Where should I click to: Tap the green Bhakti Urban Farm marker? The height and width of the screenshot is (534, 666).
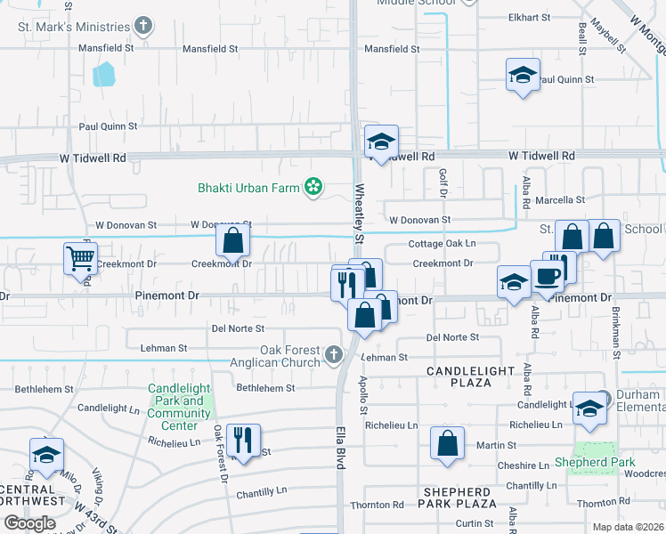point(313,186)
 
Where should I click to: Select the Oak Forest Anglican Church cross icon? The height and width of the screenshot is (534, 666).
point(333,356)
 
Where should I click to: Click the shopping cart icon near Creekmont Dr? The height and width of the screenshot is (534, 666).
point(80,259)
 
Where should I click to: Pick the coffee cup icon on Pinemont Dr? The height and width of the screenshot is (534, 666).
point(547,275)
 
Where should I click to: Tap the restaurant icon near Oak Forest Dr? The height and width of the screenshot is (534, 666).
point(242,439)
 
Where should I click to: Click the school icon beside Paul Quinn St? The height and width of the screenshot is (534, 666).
point(523,75)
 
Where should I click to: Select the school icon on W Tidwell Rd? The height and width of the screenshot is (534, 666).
point(381,142)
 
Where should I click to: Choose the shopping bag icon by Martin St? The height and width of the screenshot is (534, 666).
point(447,442)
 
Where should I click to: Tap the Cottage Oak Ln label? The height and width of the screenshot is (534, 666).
point(442,243)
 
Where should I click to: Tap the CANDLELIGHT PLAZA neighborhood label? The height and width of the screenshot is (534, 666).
point(470,376)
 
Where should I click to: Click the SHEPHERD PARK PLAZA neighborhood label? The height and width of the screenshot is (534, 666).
point(456,498)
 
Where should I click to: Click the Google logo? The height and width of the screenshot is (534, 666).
point(29,522)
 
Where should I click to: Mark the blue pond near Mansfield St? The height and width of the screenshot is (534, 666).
point(104,73)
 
